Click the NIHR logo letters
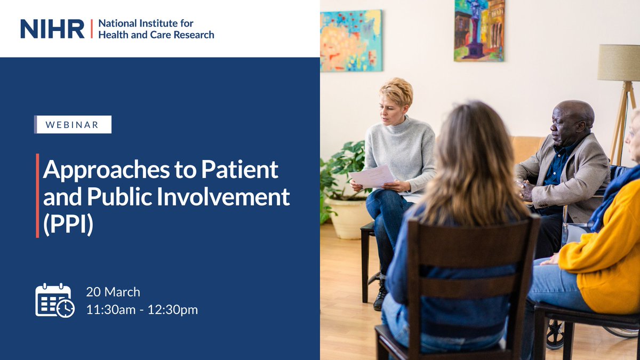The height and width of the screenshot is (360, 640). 52,29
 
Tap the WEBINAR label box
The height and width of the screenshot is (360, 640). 73,124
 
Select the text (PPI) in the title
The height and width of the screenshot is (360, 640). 68,225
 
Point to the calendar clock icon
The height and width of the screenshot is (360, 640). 55,300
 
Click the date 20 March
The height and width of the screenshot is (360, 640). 113,292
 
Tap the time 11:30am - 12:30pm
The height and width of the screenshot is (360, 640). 142,309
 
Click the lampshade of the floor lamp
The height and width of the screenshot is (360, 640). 618,62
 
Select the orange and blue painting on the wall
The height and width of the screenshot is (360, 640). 351,41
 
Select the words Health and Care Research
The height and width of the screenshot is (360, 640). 156,35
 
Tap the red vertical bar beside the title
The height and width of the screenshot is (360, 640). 37,195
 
